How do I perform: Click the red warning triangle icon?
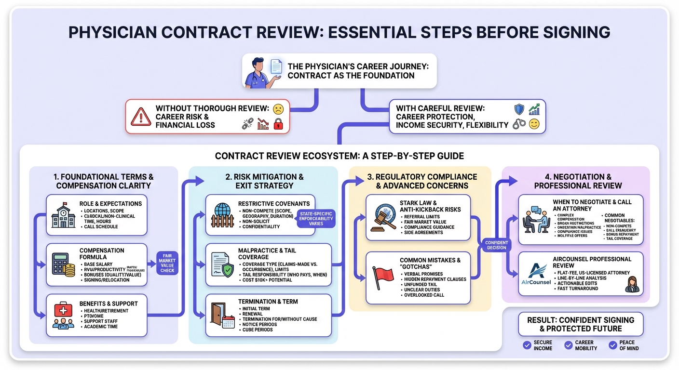pyautogui.click(x=140, y=116)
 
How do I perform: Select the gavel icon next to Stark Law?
pyautogui.click(x=384, y=217)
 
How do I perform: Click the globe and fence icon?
pyautogui.click(x=222, y=215)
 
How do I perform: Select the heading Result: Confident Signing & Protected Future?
pyautogui.click(x=581, y=324)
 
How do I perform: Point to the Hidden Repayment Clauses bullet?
pyautogui.click(x=435, y=279)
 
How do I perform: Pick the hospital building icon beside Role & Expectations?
pyautogui.click(x=63, y=215)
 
